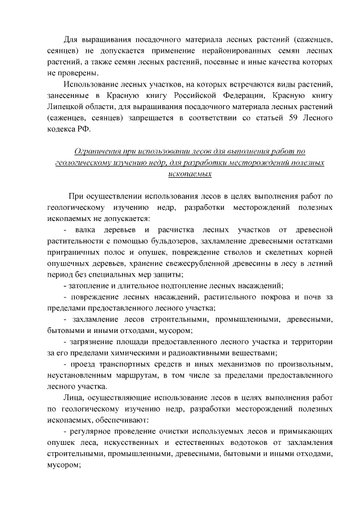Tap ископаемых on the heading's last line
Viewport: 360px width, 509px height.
tap(190, 174)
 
